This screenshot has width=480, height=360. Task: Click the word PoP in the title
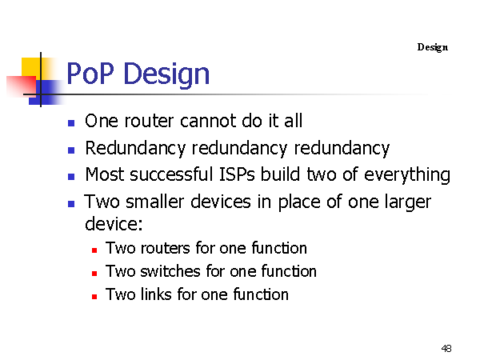(90, 74)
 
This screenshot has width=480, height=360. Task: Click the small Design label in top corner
(433, 47)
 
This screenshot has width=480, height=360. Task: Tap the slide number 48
(446, 348)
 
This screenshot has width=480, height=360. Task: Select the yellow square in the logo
(30, 67)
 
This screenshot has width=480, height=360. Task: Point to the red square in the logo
(21, 86)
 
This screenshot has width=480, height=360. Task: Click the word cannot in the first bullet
(208, 121)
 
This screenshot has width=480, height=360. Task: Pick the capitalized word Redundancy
(135, 149)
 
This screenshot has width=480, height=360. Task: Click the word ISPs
(237, 174)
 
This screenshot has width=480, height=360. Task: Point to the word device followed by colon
(114, 224)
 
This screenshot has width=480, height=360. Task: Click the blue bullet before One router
(71, 123)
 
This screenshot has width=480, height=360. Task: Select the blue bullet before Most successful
(71, 177)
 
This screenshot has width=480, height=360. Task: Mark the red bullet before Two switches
(94, 274)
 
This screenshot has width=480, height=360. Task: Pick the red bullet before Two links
(94, 297)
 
